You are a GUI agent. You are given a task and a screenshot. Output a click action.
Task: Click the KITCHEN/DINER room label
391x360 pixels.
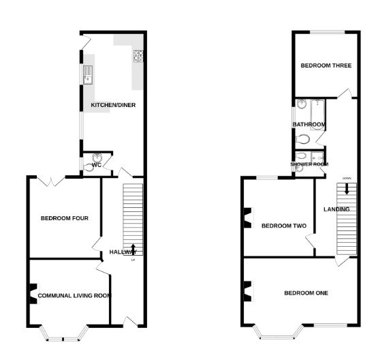(112, 105)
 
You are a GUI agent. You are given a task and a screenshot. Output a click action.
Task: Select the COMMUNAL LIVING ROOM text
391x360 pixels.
(74, 295)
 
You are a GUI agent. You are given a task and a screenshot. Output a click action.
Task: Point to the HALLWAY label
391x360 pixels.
(123, 252)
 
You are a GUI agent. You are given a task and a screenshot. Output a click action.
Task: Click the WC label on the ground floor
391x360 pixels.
(96, 166)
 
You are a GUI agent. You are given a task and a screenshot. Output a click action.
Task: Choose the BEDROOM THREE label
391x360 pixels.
(326, 65)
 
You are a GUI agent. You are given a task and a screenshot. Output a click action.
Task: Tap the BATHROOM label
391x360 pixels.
(309, 124)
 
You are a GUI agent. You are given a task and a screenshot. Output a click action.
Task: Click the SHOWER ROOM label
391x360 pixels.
(309, 164)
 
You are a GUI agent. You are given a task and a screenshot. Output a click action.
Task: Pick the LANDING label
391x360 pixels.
(337, 209)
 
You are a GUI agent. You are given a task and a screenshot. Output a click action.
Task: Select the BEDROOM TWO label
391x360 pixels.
(284, 226)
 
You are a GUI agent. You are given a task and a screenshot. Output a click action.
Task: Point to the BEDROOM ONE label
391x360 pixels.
(307, 293)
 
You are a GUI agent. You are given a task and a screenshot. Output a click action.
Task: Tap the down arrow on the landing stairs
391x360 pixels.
(347, 192)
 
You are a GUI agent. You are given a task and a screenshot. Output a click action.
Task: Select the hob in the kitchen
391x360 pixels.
(138, 57)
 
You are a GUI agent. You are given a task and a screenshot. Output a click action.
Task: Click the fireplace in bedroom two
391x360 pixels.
(247, 220)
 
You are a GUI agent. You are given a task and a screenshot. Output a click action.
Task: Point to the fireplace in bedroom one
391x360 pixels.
(247, 290)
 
